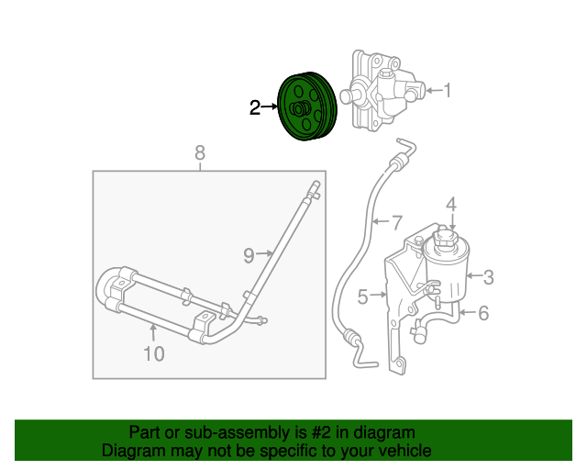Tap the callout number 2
pyautogui.click(x=255, y=108)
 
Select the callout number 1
pyautogui.click(x=448, y=90)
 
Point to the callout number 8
pyautogui.click(x=200, y=152)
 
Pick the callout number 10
pyautogui.click(x=153, y=352)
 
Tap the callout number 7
pyautogui.click(x=396, y=221)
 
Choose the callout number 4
pyautogui.click(x=451, y=203)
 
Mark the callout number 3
pyautogui.click(x=489, y=275)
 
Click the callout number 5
pyautogui.click(x=363, y=297)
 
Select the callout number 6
pyautogui.click(x=483, y=313)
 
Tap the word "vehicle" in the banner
pyautogui.click(x=402, y=451)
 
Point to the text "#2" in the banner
pyautogui.click(x=308, y=432)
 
